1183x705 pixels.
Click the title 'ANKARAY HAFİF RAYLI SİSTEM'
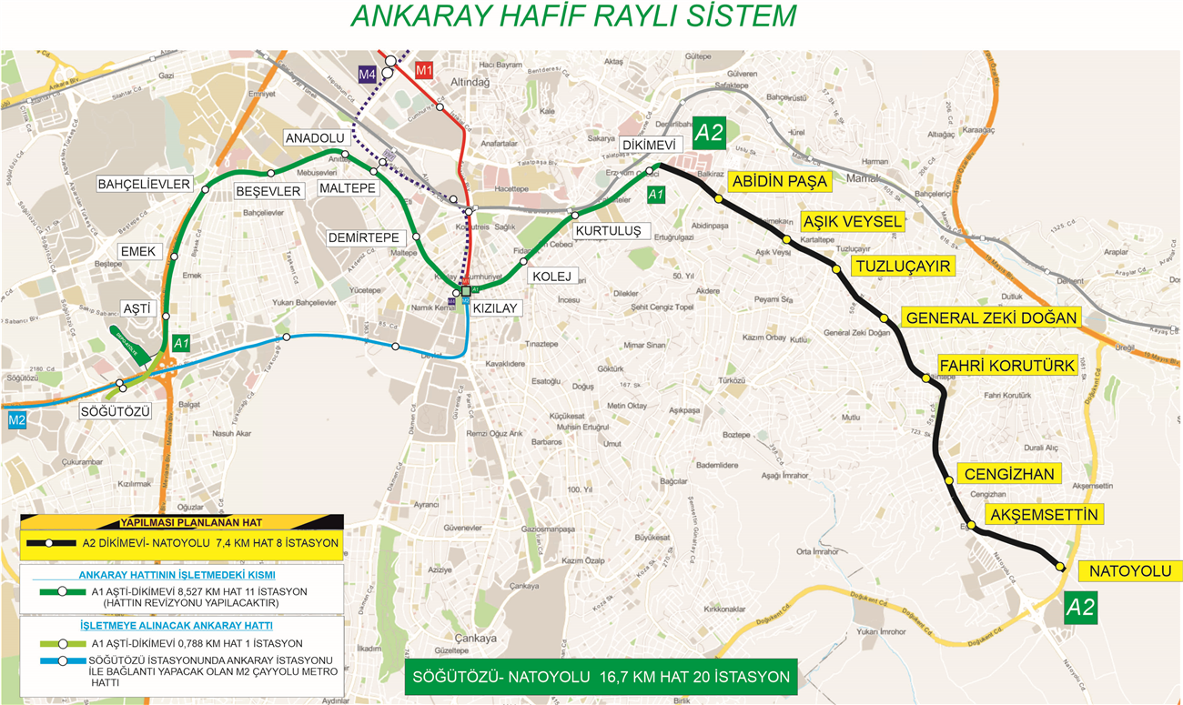(573, 16)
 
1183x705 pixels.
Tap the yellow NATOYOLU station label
(1129, 571)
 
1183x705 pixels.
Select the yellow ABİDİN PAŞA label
(779, 181)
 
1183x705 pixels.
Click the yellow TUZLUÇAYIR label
(901, 266)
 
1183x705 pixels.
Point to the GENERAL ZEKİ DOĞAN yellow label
(990, 317)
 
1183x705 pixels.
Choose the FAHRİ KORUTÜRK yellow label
(1006, 366)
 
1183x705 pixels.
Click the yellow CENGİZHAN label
(1009, 474)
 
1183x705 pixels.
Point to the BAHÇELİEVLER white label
(144, 185)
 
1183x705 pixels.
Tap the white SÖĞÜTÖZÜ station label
(114, 411)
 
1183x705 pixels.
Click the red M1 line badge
(423, 69)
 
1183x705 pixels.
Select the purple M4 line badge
(367, 74)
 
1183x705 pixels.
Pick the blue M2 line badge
(17, 420)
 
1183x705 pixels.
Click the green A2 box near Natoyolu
(1080, 608)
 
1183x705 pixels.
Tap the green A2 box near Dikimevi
(708, 133)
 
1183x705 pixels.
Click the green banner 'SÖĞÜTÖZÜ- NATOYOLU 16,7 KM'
(601, 678)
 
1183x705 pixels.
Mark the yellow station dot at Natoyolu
(1060, 567)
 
